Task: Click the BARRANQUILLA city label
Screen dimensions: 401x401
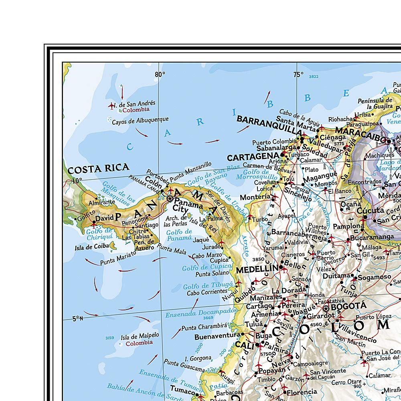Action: click(x=269, y=125)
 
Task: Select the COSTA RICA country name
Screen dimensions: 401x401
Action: click(x=98, y=168)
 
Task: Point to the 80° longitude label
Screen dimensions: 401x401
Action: click(x=160, y=74)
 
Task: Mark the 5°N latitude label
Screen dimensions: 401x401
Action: click(x=77, y=319)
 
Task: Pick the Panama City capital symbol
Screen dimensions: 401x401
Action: click(x=170, y=198)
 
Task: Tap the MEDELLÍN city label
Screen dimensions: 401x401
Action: click(x=257, y=270)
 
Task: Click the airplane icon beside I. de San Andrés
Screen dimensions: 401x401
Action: click(x=111, y=105)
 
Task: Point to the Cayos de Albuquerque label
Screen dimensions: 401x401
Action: click(x=140, y=119)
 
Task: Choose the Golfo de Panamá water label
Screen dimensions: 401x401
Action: click(x=179, y=235)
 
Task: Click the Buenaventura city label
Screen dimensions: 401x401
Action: click(x=217, y=337)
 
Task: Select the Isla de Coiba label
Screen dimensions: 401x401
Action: click(x=92, y=247)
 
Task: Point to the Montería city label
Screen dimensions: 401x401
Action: click(x=255, y=197)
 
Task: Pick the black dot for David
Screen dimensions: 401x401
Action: click(x=94, y=222)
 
